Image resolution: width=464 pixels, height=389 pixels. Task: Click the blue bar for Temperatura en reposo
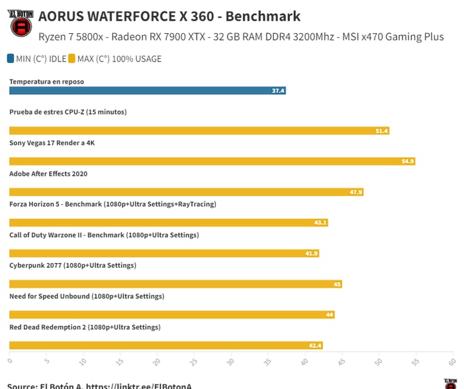pyautogui.click(x=147, y=91)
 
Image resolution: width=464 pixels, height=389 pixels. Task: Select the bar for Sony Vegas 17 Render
pyautogui.click(x=212, y=161)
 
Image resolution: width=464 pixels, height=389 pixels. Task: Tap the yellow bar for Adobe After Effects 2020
pyautogui.click(x=186, y=192)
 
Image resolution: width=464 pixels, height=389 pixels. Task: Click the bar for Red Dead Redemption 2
pyautogui.click(x=166, y=345)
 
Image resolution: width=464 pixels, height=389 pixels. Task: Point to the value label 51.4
pyautogui.click(x=381, y=131)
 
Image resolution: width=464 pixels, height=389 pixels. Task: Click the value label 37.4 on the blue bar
pyautogui.click(x=278, y=91)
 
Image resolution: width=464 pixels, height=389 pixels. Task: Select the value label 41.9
pyautogui.click(x=311, y=254)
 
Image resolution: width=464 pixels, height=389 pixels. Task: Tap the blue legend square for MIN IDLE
pyautogui.click(x=11, y=58)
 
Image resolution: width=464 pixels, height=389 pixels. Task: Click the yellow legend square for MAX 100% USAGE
pyautogui.click(x=71, y=58)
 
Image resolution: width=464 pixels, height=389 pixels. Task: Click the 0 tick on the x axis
pyautogui.click(x=10, y=362)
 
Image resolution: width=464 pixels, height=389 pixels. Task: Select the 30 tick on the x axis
pyautogui.click(x=230, y=362)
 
